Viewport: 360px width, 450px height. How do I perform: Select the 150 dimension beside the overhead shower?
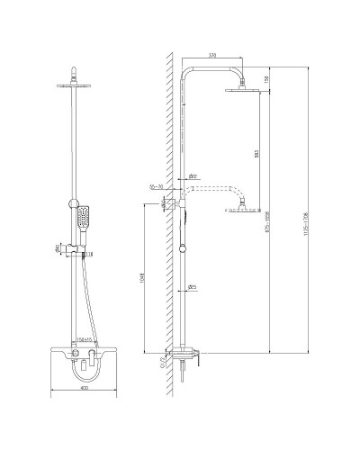click(x=266, y=78)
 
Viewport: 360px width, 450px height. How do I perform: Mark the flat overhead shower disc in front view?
click(x=78, y=86)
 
